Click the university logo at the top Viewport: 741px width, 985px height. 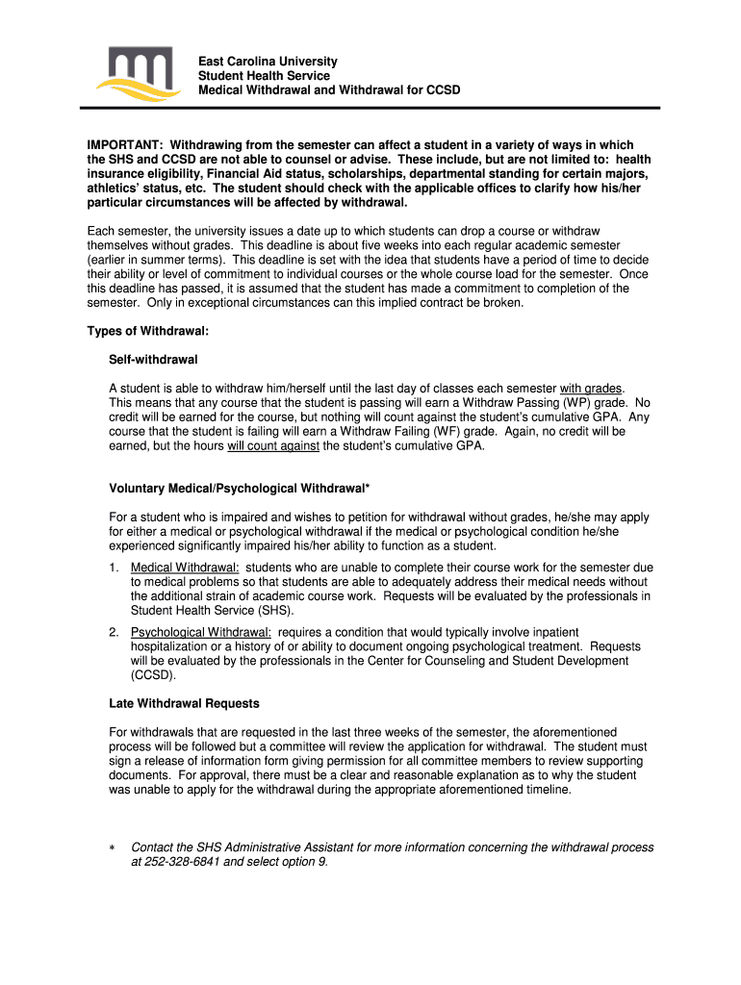[x=139, y=76]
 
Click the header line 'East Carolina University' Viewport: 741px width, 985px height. [x=268, y=62]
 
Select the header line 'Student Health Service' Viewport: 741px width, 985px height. [x=264, y=76]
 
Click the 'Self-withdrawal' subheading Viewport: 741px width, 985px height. [x=153, y=360]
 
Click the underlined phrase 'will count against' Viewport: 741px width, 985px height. [x=273, y=446]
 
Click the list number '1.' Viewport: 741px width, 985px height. [x=115, y=568]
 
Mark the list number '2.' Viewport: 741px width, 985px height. [x=115, y=632]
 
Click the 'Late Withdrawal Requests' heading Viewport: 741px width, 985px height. [x=184, y=704]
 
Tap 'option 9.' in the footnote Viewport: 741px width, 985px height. [x=302, y=862]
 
